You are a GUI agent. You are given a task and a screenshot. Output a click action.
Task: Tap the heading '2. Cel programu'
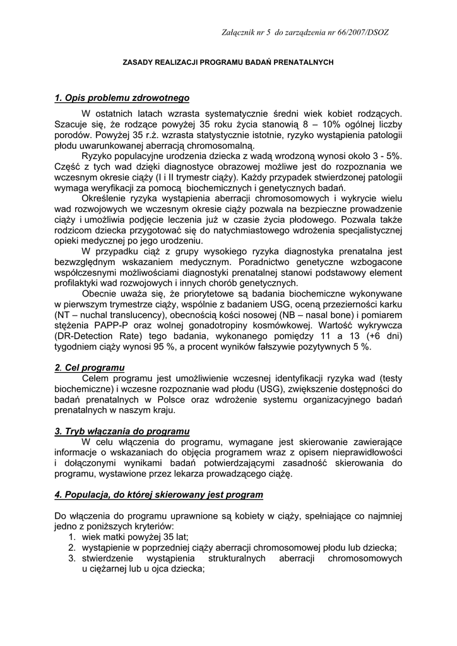click(90, 367)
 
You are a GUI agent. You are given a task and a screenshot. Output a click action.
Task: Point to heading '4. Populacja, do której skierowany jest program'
click(158, 495)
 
